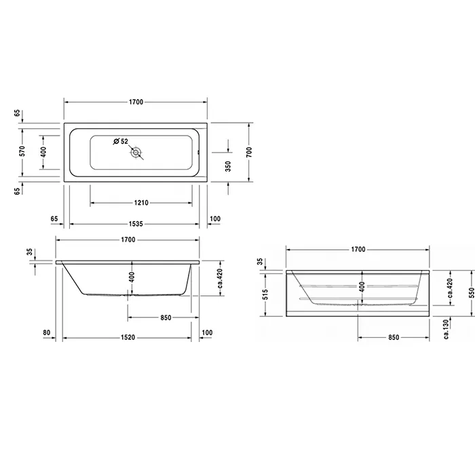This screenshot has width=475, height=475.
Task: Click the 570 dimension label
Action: (x=22, y=151)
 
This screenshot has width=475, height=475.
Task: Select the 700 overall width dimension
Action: (x=249, y=152)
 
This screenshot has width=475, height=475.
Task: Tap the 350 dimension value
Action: (x=228, y=166)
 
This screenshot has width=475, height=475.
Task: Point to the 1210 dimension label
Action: (x=141, y=203)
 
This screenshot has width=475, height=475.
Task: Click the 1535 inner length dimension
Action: (x=136, y=224)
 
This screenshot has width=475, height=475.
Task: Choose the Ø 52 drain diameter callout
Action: (x=121, y=141)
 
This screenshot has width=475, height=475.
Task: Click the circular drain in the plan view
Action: (x=136, y=153)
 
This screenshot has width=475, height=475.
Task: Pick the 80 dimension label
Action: (x=46, y=332)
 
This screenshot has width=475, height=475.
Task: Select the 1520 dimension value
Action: (x=128, y=337)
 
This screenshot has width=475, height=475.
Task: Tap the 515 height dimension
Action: (x=265, y=294)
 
